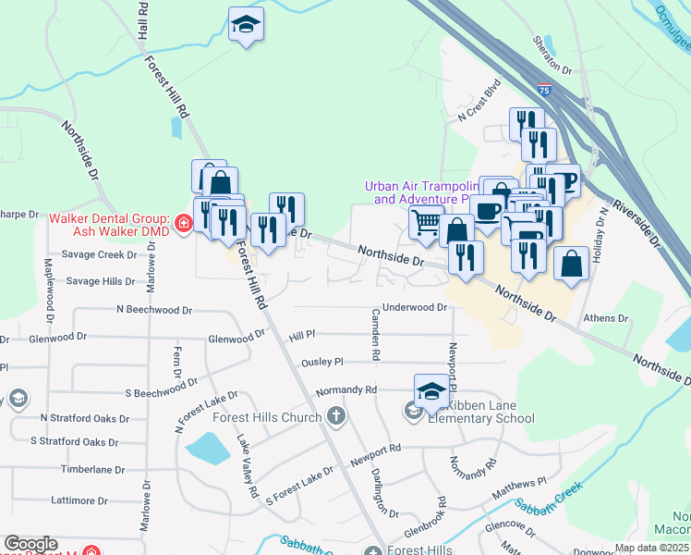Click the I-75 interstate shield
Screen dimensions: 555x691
tap(545, 91)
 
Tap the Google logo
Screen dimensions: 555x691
tap(30, 544)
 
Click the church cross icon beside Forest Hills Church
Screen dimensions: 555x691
tap(335, 417)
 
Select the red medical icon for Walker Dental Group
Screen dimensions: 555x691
tap(183, 223)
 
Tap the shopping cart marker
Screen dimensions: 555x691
tap(426, 222)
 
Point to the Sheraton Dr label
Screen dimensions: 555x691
tap(552, 57)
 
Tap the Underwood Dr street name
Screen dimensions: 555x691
tap(415, 307)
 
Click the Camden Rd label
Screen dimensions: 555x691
tap(377, 334)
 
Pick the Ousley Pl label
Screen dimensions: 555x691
tap(322, 362)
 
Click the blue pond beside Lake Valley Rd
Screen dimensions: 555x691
tap(207, 450)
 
